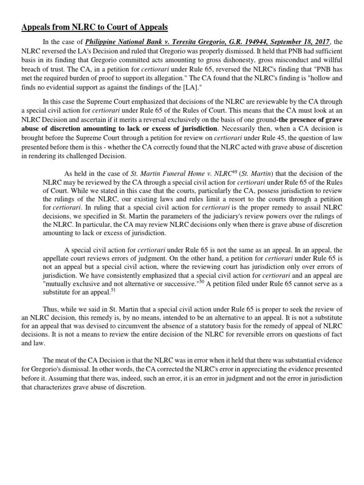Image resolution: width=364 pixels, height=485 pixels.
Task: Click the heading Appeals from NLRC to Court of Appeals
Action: [94, 27]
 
